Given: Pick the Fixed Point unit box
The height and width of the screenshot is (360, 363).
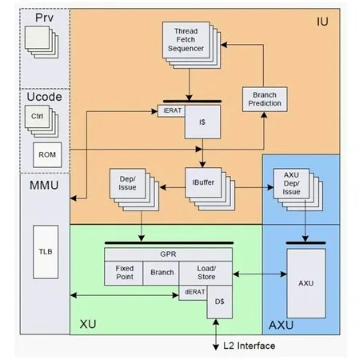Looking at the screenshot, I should (x=125, y=272).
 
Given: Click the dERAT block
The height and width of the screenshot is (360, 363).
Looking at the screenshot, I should (x=193, y=292).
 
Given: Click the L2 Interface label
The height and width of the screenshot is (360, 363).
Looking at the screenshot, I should (x=249, y=346).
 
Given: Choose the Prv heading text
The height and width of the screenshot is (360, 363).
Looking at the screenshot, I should (x=32, y=17).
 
